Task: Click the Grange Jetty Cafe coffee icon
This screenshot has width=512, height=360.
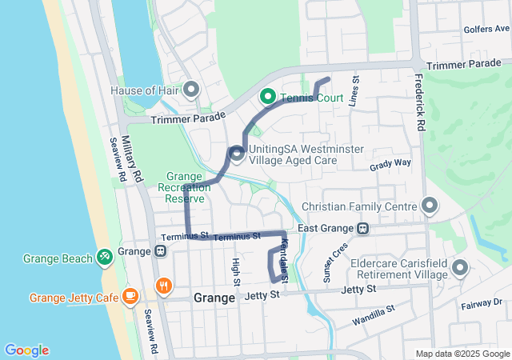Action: click(x=130, y=297)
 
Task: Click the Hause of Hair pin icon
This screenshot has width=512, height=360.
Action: click(x=191, y=89)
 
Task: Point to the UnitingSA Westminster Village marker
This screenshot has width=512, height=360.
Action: click(x=236, y=154)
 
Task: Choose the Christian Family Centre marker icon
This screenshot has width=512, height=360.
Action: click(x=430, y=206)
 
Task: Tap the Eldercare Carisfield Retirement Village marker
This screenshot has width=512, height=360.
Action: click(x=460, y=267)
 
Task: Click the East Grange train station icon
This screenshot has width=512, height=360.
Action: click(x=362, y=228)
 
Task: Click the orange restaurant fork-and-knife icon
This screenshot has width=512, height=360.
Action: click(x=163, y=286)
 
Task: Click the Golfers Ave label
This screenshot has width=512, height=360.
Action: click(x=486, y=30)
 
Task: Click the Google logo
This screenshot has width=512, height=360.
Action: click(x=26, y=350)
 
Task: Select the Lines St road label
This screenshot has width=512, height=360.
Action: click(x=354, y=89)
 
